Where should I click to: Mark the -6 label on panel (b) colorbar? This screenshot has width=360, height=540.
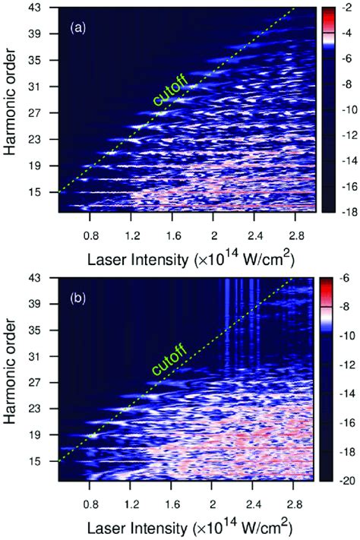click(346, 278)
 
